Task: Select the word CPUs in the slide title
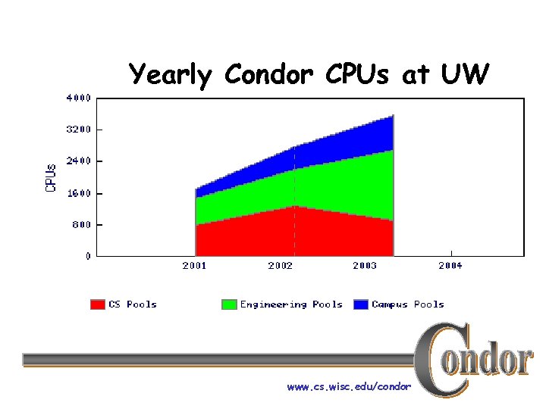(x=359, y=74)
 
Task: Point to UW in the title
(x=463, y=74)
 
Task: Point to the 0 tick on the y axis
(x=88, y=257)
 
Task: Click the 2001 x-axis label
(x=195, y=266)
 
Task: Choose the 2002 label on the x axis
(x=280, y=266)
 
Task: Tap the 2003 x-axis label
(x=365, y=266)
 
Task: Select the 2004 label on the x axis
(x=450, y=266)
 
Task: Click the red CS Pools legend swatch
(x=98, y=304)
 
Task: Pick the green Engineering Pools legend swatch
(x=229, y=304)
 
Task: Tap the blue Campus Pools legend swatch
(x=360, y=304)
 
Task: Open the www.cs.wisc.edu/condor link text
(x=349, y=387)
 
